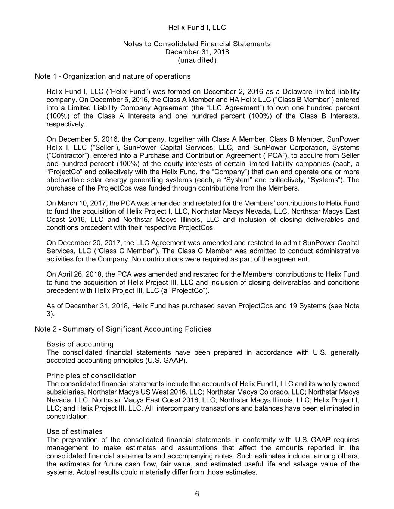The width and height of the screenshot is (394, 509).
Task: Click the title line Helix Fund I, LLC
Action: pos(197,28)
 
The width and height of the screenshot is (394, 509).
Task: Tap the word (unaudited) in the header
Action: pos(197,60)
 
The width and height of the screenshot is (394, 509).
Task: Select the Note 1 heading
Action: pos(112,76)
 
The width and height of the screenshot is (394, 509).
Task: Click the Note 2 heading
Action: pos(123,329)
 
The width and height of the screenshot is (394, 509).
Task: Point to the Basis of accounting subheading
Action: pos(80,344)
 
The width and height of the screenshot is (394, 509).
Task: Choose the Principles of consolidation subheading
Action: pos(91,376)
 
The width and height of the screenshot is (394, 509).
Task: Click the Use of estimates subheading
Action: pos(74,431)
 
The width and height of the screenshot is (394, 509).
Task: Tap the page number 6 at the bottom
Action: pos(197,494)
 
